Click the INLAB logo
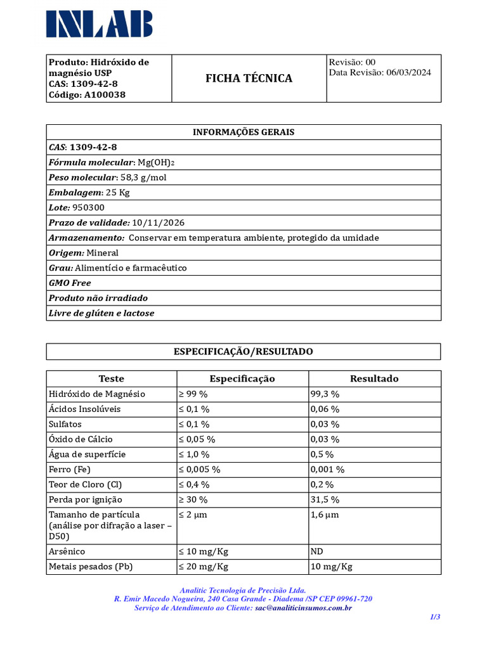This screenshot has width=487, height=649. click(99, 23)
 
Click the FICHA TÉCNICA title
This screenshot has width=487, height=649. click(249, 79)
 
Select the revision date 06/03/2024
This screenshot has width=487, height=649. click(408, 73)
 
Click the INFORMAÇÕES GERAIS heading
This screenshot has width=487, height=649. click(243, 132)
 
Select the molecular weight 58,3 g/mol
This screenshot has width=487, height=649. click(143, 177)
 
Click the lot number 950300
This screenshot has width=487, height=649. click(89, 208)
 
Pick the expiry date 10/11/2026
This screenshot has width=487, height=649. click(159, 223)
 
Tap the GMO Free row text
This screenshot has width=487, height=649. click(70, 283)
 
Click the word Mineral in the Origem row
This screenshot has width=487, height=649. click(103, 253)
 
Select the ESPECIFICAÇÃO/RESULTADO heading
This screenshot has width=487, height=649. click(243, 352)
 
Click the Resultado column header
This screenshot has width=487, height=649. click(374, 379)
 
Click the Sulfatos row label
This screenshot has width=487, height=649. click(65, 424)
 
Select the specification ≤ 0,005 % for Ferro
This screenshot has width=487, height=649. click(199, 470)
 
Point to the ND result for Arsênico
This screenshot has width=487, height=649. click(316, 551)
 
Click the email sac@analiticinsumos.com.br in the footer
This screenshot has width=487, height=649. click(303, 608)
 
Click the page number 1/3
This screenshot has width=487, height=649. click(434, 617)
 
